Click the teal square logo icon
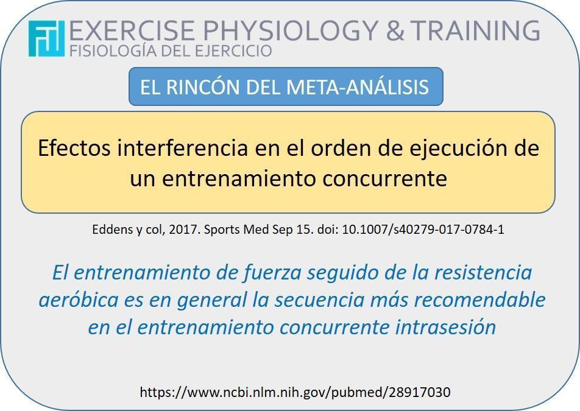(x=46, y=38)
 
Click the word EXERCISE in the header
(x=132, y=30)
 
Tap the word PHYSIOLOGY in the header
(x=291, y=30)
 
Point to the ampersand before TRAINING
(x=395, y=30)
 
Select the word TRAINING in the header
(x=475, y=30)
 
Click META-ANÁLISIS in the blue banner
(x=357, y=87)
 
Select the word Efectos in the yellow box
(x=74, y=148)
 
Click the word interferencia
(x=183, y=148)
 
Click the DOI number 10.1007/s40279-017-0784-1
(x=423, y=230)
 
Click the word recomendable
(x=479, y=300)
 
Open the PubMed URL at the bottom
(x=295, y=392)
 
